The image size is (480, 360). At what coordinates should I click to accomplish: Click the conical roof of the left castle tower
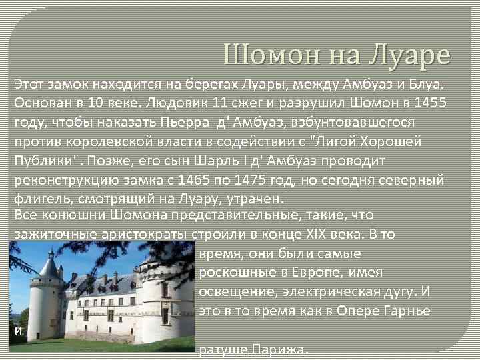(49, 267)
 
